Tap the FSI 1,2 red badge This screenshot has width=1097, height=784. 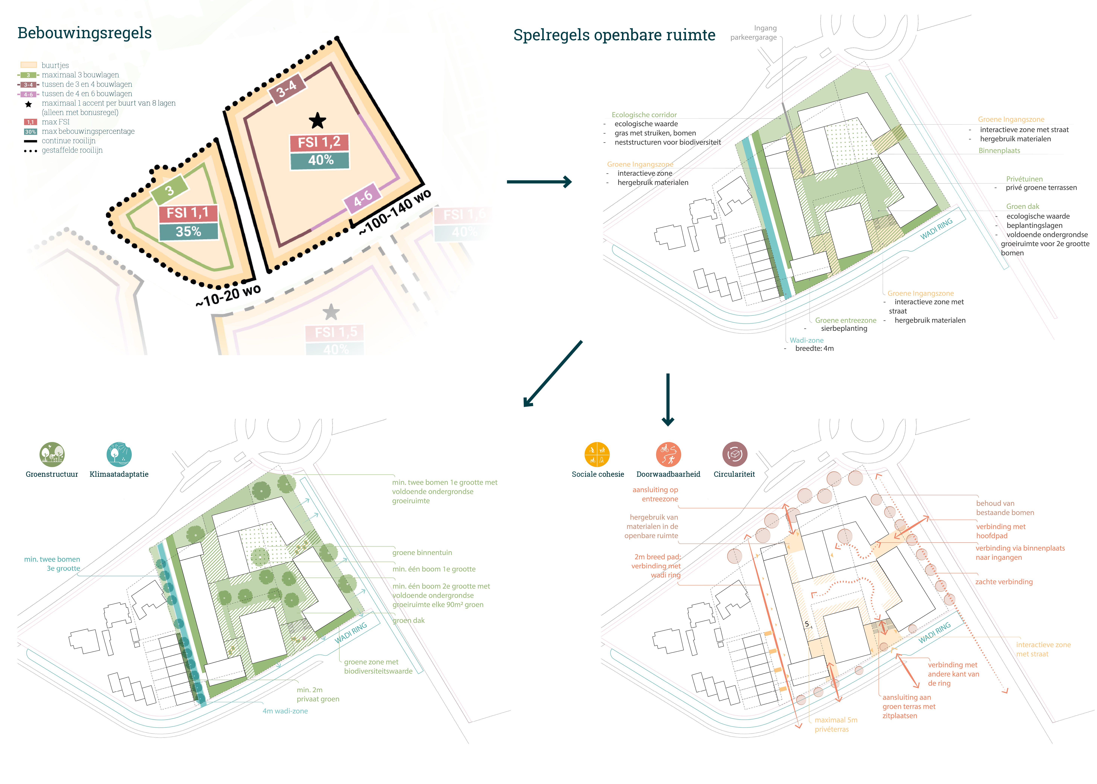pyautogui.click(x=319, y=142)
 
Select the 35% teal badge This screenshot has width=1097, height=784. pyautogui.click(x=188, y=232)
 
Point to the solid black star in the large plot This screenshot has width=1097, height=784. pyautogui.click(x=317, y=121)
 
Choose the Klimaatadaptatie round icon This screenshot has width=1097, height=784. pyautogui.click(x=119, y=454)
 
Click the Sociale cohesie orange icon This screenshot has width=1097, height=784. pyautogui.click(x=597, y=454)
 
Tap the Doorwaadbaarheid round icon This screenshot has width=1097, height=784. pyautogui.click(x=668, y=454)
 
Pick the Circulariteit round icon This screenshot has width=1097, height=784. pyautogui.click(x=734, y=454)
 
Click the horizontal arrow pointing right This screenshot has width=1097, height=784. pyautogui.click(x=539, y=182)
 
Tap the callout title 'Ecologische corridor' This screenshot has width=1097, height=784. pyautogui.click(x=644, y=115)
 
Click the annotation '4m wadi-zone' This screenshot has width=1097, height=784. pyautogui.click(x=285, y=711)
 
